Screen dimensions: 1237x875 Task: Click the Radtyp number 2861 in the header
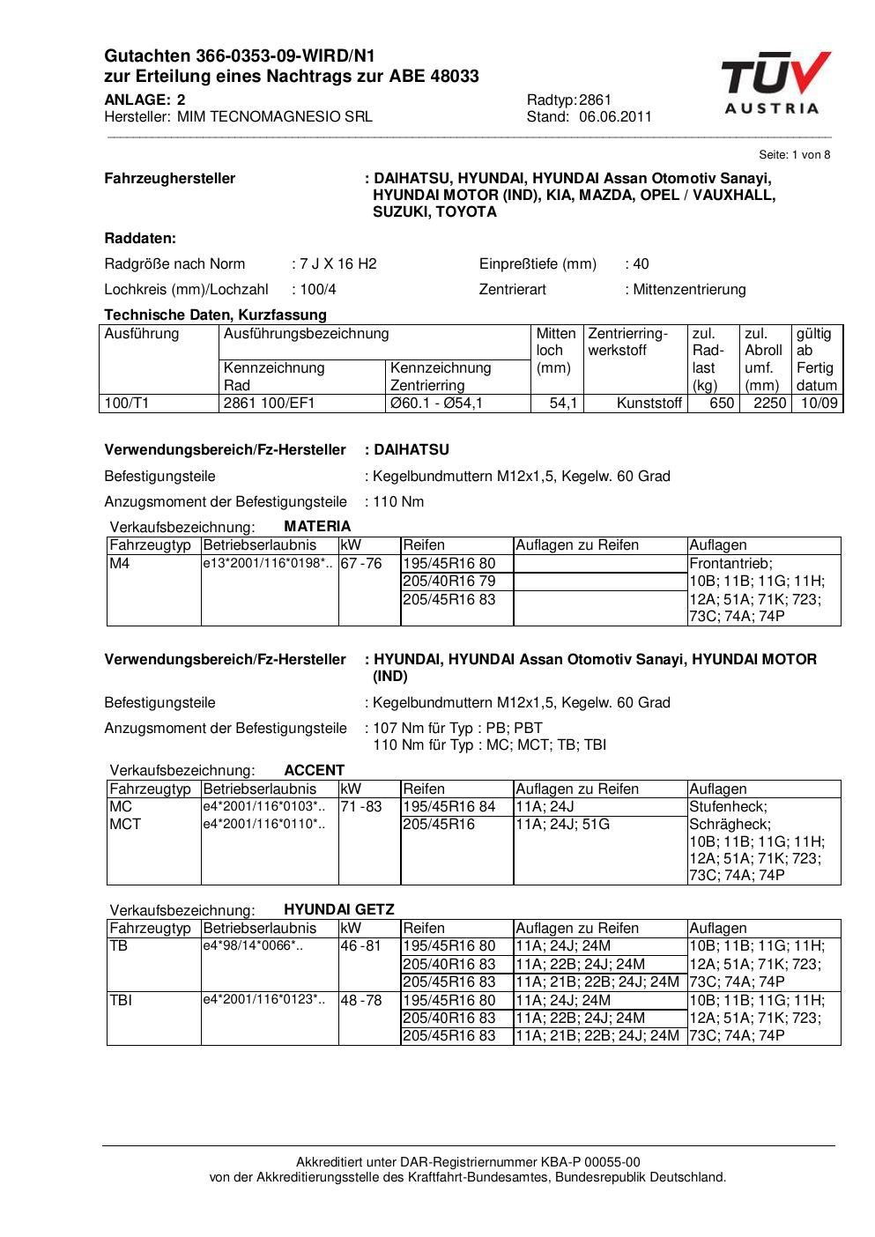point(596,100)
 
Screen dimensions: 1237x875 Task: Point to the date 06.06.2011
point(615,116)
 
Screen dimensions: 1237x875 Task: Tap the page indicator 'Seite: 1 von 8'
point(794,154)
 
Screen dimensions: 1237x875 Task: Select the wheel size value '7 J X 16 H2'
point(338,263)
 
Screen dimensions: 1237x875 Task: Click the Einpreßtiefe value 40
point(641,263)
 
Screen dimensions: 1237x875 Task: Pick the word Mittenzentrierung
point(689,289)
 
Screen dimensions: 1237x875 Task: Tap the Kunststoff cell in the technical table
point(649,404)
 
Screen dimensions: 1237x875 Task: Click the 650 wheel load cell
point(722,404)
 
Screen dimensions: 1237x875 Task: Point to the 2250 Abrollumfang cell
point(769,404)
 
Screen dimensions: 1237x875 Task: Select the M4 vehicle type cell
point(119,563)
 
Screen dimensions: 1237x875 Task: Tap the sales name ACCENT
point(315,770)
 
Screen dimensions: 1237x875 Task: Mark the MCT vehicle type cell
point(125,824)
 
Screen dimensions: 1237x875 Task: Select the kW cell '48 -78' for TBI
point(361,1000)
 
